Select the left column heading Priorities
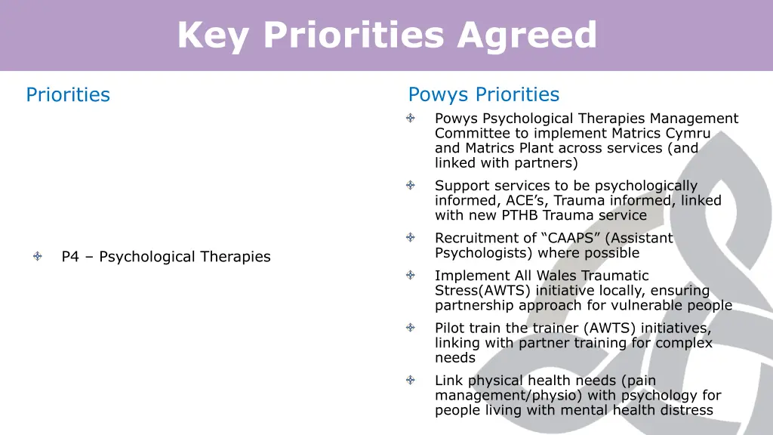click(68, 95)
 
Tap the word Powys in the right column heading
click(436, 95)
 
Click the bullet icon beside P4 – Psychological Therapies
click(38, 257)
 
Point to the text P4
click(70, 257)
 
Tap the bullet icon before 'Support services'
click(410, 185)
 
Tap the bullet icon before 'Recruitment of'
click(410, 238)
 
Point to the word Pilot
click(450, 329)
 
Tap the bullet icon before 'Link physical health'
click(410, 381)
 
